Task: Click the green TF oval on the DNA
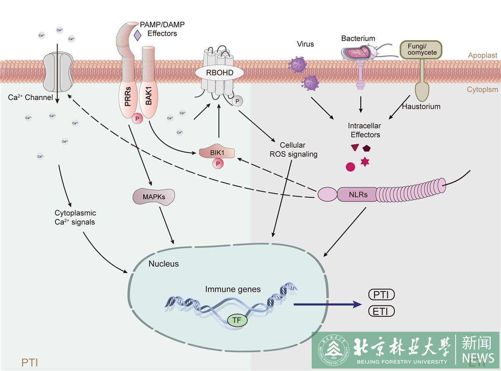point(237,321)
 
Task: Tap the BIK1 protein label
point(217,153)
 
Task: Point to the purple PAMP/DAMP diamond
point(137,36)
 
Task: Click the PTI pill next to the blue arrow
point(381,295)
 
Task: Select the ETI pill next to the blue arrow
point(381,311)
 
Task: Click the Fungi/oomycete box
point(420,49)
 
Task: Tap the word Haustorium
point(421,107)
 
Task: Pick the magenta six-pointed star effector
point(365,162)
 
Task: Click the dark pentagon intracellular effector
point(367,148)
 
